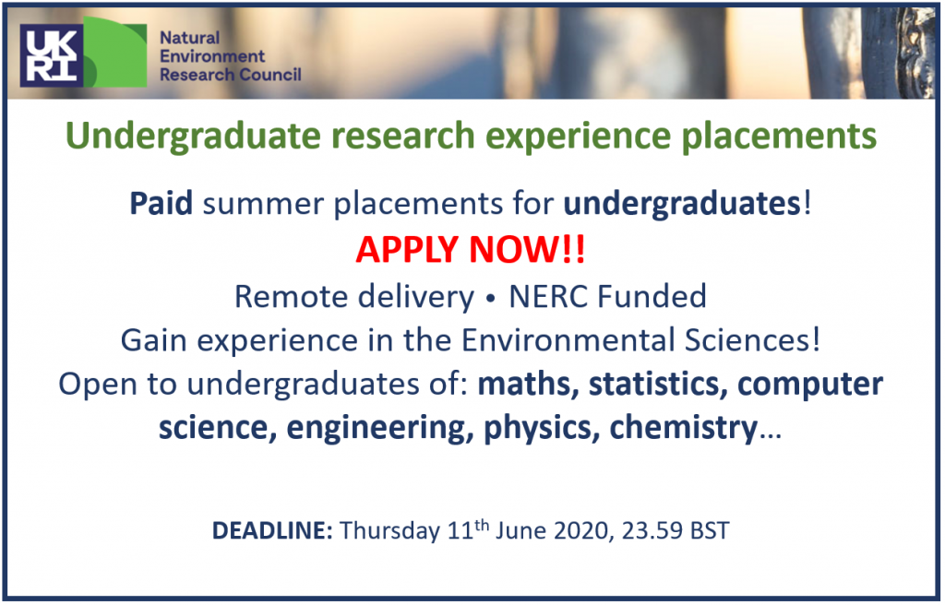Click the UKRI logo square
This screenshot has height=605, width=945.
pyautogui.click(x=51, y=55)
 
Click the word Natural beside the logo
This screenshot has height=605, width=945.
pyautogui.click(x=189, y=38)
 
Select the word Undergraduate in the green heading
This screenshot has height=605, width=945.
pyautogui.click(x=193, y=136)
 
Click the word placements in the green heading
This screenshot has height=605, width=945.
pyautogui.click(x=779, y=136)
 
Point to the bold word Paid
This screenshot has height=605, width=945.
pyautogui.click(x=161, y=203)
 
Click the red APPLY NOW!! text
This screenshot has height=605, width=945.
pyautogui.click(x=470, y=249)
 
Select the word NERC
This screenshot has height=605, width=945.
pyautogui.click(x=546, y=296)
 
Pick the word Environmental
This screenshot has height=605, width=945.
pyautogui.click(x=568, y=340)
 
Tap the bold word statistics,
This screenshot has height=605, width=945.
pyautogui.click(x=658, y=385)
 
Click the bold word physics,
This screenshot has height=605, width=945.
pyautogui.click(x=542, y=429)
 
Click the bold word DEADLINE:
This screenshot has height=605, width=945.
pyautogui.click(x=272, y=531)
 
